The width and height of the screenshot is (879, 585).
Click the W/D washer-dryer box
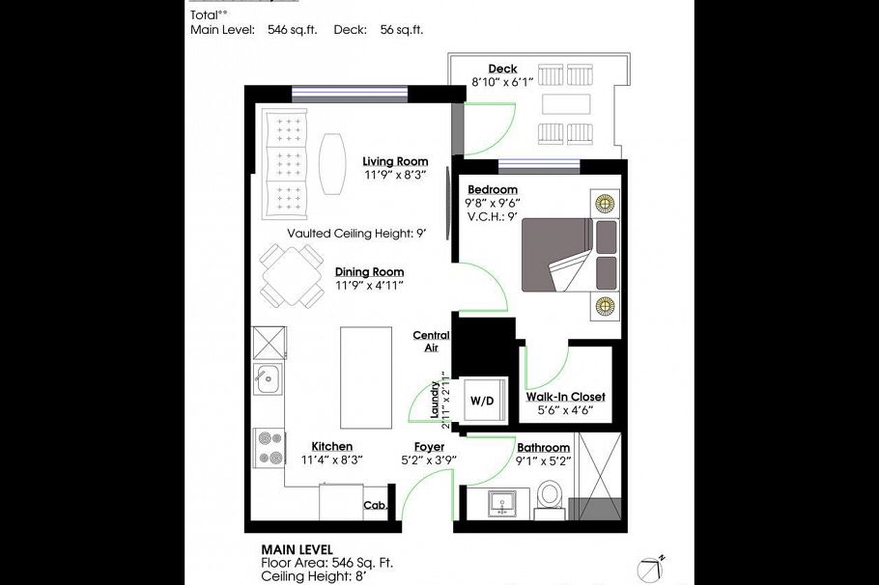click(x=480, y=399)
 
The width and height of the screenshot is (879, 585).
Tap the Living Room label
click(x=395, y=161)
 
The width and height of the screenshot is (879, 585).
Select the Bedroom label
click(x=492, y=189)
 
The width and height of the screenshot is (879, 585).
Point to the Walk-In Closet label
click(x=565, y=397)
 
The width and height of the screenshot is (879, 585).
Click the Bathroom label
click(x=543, y=448)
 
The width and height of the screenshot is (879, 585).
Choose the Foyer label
click(x=429, y=447)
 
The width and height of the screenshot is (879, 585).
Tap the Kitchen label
click(x=331, y=446)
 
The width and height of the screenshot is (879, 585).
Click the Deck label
click(x=502, y=69)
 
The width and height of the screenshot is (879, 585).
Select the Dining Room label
click(x=369, y=272)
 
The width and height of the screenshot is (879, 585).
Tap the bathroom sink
click(x=501, y=503)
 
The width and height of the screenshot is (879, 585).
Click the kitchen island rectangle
click(x=366, y=377)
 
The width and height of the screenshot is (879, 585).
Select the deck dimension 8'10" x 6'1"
click(x=502, y=83)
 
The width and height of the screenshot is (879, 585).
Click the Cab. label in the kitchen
click(x=376, y=505)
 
